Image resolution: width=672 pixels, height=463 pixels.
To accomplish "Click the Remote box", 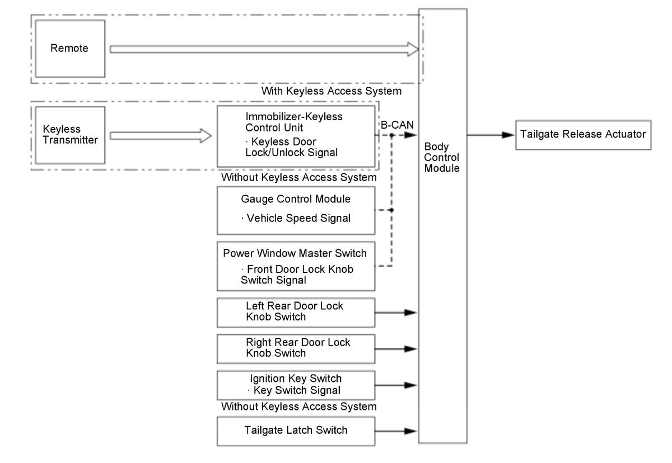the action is (x=70, y=49).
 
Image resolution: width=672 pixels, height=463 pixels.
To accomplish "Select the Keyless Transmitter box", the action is (x=70, y=135).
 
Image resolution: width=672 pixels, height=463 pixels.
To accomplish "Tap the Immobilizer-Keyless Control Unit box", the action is (x=296, y=136).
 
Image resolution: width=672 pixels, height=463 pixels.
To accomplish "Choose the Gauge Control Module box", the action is (x=296, y=211).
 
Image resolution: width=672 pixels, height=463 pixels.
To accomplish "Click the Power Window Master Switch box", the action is (x=296, y=266).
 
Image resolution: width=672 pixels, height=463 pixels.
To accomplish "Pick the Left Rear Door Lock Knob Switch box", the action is (x=296, y=313).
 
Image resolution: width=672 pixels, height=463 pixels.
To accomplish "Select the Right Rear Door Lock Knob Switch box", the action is (x=296, y=349).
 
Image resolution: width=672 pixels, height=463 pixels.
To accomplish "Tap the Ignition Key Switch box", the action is (x=296, y=385).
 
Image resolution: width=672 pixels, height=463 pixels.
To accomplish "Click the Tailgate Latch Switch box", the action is (x=296, y=431).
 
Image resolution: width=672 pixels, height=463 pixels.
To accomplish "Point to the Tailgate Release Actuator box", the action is (x=583, y=135).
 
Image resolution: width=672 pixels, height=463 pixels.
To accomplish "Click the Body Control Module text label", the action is (x=442, y=157).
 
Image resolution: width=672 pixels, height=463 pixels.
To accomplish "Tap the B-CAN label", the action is (x=397, y=125).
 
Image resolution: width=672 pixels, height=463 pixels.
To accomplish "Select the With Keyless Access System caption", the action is (x=331, y=91).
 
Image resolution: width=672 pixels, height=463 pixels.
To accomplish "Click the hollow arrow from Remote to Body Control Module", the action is (x=264, y=49).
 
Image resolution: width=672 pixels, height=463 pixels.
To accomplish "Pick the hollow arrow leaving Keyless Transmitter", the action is (x=161, y=136).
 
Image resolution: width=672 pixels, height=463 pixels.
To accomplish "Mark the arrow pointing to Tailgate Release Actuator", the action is (x=491, y=135).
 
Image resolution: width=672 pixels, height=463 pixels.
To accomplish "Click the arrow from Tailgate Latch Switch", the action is (x=396, y=431).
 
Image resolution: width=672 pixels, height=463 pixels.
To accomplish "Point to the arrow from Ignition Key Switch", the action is (x=396, y=385).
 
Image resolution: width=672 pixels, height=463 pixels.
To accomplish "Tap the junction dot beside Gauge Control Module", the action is (x=391, y=210).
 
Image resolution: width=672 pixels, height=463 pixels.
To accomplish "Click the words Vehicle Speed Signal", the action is (x=298, y=218).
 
